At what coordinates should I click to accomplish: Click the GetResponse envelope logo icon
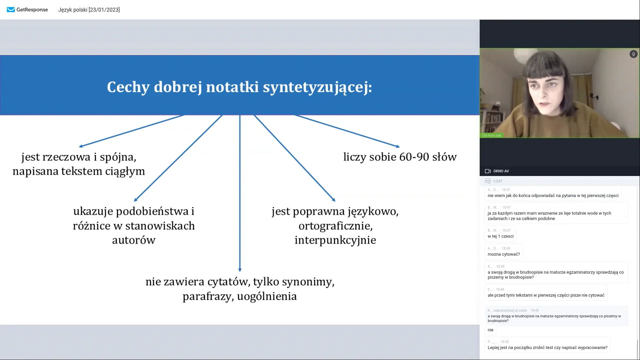pyautogui.click(x=11, y=10)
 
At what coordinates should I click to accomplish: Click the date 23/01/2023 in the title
pyautogui.click(x=104, y=10)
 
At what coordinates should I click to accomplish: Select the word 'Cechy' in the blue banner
pyautogui.click(x=128, y=87)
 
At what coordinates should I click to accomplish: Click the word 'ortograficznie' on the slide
pyautogui.click(x=335, y=226)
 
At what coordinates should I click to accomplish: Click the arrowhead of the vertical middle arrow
pyautogui.click(x=240, y=270)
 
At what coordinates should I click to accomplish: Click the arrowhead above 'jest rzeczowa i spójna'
pyautogui.click(x=81, y=146)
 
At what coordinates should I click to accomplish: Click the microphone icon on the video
pyautogui.click(x=633, y=54)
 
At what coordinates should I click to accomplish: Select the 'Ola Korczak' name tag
pyautogui.click(x=491, y=135)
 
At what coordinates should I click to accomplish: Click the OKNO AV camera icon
pyautogui.click(x=488, y=171)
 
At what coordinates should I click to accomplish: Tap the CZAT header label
pyautogui.click(x=498, y=181)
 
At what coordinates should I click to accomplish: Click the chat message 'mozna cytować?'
pyautogui.click(x=503, y=254)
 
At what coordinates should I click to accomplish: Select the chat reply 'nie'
pyautogui.click(x=490, y=330)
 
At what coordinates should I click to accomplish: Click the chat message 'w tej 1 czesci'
pyautogui.click(x=500, y=236)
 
